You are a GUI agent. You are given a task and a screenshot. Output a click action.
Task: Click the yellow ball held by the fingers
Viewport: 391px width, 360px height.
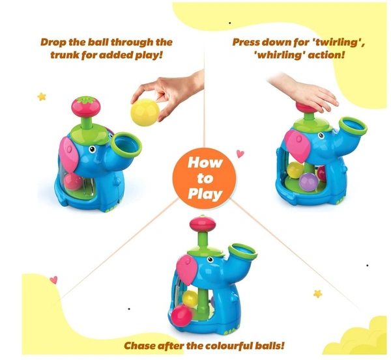tap(145, 112)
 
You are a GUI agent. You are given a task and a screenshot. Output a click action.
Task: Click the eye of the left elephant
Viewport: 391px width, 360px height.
tap(93, 149)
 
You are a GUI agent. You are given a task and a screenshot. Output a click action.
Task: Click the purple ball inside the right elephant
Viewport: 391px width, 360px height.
tap(308, 182)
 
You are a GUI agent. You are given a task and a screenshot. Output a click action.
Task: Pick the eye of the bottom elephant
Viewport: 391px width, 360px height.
tap(210, 260)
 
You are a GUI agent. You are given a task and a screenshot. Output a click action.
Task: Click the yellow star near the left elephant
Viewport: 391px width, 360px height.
tap(42, 96)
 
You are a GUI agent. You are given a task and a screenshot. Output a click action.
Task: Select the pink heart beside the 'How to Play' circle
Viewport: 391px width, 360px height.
tap(240, 154)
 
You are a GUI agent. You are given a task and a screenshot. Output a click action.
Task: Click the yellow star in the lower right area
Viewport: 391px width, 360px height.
tap(318, 294)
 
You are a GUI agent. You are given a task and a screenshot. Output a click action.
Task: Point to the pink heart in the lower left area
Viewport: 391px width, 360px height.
tap(53, 280)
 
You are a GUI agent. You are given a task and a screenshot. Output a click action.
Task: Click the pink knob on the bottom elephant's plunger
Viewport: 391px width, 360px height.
tap(202, 224)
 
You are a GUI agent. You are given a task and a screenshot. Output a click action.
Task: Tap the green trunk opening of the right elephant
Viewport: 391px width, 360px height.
tap(353, 127)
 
